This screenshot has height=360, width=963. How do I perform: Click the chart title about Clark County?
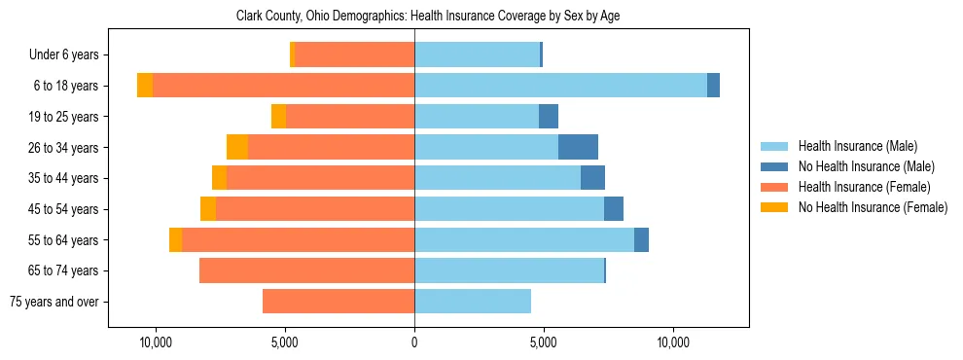428,17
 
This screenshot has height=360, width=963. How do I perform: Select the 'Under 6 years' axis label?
69,55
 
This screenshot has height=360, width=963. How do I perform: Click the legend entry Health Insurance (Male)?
857,146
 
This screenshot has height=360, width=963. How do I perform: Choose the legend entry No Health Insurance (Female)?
873,207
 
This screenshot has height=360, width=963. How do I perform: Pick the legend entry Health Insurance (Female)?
863,187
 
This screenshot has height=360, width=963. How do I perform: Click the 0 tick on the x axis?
414,342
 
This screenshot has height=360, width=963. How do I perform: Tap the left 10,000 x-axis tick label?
156,342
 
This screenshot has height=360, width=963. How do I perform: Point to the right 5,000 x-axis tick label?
544,342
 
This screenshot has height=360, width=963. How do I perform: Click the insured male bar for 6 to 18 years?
560,86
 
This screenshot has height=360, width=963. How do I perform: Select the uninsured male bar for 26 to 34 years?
578,147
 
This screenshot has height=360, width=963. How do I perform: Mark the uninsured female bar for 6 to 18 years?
145,86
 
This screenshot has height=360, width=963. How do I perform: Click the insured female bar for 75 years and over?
339,302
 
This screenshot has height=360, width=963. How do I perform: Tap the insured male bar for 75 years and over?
473,302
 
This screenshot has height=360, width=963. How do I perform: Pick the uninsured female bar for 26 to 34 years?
236,147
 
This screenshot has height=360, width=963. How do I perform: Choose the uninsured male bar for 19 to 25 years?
549,117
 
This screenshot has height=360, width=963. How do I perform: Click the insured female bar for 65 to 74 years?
306,270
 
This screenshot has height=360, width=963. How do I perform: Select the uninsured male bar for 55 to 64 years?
641,240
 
